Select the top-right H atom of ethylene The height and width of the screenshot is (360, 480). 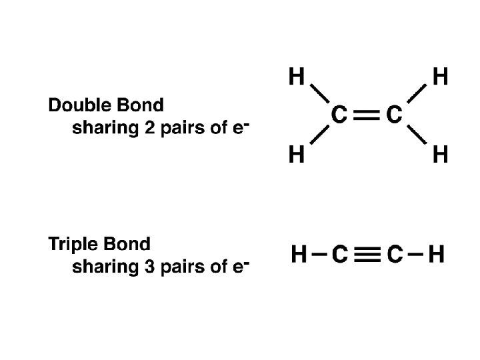440,78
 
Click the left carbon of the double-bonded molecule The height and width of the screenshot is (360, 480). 339,116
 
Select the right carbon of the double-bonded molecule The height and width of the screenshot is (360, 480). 394,116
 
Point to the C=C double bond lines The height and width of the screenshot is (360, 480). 367,116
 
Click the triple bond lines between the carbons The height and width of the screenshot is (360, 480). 367,254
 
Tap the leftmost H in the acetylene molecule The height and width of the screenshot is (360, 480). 299,254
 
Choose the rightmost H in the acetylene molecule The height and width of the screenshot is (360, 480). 437,254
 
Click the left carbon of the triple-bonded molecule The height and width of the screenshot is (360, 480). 339,254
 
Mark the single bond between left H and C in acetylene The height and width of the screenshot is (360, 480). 319,254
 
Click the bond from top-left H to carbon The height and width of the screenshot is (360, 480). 319,97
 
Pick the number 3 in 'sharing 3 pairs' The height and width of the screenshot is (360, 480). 149,267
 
